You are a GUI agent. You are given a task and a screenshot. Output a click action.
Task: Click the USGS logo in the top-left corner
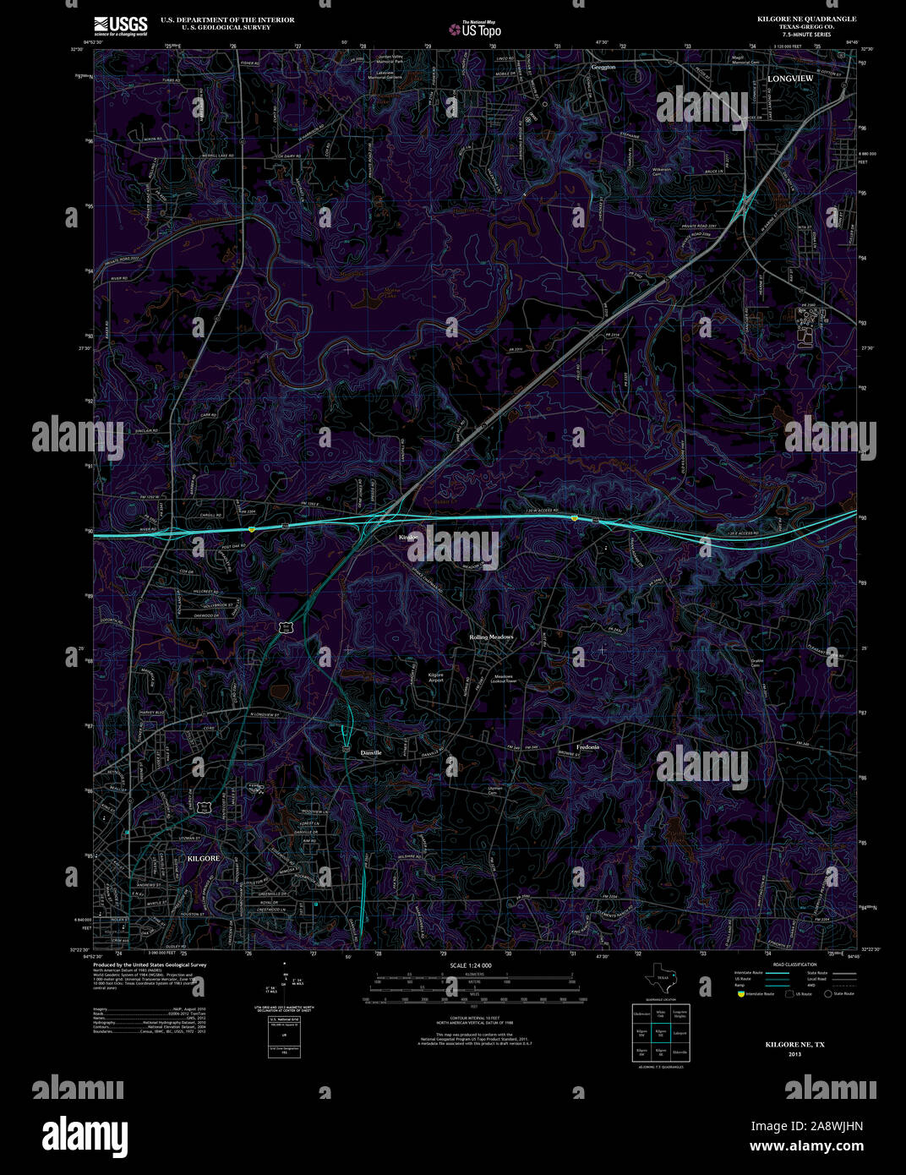point(121,25)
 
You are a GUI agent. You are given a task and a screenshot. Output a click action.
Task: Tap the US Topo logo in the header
point(475,30)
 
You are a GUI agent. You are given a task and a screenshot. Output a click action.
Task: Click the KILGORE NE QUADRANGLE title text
point(806,19)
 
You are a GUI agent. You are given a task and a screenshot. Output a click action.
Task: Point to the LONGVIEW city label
point(790,79)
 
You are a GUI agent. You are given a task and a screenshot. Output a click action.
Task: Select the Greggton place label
point(603,66)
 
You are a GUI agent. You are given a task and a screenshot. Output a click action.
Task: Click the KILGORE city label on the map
point(202,858)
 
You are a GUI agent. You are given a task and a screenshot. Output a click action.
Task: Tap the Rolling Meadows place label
point(492,637)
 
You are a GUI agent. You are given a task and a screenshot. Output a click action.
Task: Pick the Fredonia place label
point(587,747)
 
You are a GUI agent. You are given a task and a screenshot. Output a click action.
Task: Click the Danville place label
point(371,752)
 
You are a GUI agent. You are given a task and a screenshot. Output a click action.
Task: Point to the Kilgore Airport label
point(436,677)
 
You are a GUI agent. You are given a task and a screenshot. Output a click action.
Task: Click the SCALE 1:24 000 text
point(471,965)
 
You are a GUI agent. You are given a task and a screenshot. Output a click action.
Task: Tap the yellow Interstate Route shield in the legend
point(740,994)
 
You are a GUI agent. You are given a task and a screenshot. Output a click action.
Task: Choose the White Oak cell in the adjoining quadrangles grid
point(660,1014)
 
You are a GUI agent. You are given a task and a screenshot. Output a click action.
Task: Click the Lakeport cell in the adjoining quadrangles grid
point(679,1033)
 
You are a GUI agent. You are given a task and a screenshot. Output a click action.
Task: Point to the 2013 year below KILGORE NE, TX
point(794,1054)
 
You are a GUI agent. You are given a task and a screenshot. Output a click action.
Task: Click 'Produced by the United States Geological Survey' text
point(150,965)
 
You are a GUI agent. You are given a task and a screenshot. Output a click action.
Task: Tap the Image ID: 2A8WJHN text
point(806,1126)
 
